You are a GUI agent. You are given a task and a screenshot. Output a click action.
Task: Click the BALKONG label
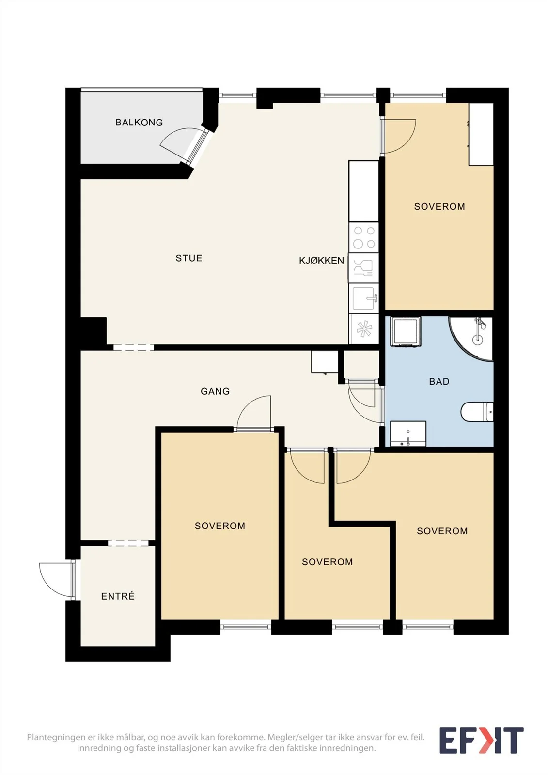139,122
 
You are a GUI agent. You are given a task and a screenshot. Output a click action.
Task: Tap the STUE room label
188,258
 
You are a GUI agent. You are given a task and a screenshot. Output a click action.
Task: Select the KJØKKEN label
321,261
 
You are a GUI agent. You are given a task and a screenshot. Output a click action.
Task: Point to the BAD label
439,381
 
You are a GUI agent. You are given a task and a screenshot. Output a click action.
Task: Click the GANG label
215,391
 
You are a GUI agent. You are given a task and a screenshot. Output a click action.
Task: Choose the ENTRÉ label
118,596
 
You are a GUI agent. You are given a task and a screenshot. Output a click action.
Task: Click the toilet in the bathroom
477,412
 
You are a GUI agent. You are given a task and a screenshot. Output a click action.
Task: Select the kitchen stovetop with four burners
364,237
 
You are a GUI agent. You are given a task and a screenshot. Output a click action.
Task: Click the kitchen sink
364,298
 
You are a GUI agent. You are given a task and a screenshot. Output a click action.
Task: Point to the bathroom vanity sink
408,434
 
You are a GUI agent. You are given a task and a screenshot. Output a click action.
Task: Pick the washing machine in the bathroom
406,331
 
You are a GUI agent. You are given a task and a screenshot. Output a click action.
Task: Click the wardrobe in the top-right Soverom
481,134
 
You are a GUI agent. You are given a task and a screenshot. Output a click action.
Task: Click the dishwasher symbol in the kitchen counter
364,268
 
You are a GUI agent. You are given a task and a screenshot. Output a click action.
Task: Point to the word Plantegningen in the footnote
54,737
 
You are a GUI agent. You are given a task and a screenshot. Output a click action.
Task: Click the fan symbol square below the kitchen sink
364,329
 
